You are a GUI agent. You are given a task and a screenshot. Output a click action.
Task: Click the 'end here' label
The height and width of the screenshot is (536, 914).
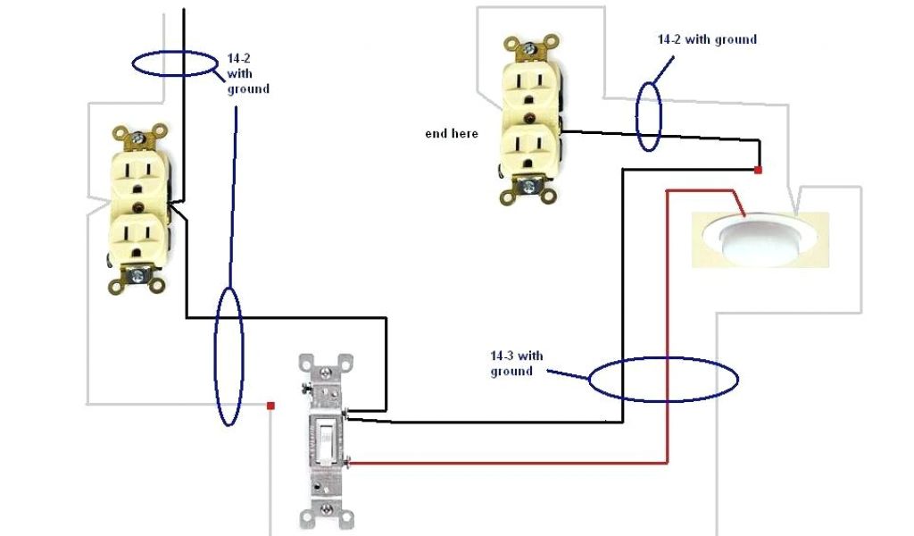[451, 134]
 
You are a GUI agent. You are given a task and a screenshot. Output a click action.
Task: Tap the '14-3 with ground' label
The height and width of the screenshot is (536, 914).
[516, 364]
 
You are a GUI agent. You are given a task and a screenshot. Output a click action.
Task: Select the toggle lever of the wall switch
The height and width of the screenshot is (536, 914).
[326, 441]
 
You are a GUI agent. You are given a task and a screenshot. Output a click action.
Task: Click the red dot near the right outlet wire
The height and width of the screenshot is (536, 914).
[758, 170]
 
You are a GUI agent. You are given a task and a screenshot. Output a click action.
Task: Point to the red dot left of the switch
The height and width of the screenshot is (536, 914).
[270, 406]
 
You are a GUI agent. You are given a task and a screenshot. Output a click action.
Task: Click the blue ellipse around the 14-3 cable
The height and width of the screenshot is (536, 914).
[663, 379]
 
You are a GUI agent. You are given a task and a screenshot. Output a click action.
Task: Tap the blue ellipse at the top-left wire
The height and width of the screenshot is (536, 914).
[175, 63]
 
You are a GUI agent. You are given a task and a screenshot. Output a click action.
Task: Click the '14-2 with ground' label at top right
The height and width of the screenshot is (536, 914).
[707, 39]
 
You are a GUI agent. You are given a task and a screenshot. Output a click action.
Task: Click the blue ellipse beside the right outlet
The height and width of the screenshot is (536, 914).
[649, 116]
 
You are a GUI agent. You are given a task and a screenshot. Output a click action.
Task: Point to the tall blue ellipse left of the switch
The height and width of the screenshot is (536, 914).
[228, 356]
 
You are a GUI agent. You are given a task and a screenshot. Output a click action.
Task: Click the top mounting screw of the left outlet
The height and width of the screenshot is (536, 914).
[139, 138]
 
